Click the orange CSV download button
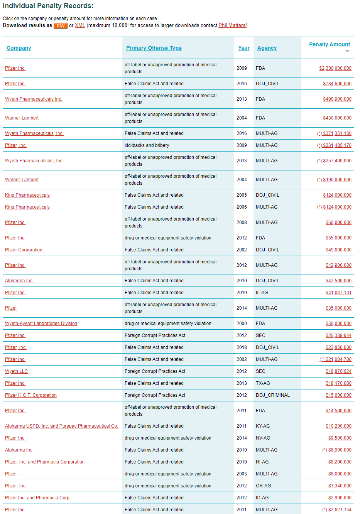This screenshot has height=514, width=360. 61,26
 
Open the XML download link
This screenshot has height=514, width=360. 80,25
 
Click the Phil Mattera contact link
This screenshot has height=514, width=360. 232,25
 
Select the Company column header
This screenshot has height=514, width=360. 19,48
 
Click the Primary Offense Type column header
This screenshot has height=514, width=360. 154,48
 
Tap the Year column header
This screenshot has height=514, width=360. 244,48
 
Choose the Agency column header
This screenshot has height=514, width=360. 267,48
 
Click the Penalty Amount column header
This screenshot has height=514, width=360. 330,44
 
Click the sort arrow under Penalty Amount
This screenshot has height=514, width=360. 347,51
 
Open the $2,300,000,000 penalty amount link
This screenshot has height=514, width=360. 335,68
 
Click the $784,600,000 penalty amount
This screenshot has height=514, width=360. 337,84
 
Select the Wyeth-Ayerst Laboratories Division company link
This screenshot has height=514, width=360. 41,324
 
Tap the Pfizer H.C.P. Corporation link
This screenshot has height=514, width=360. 31,395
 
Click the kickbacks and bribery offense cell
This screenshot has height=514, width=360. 147,145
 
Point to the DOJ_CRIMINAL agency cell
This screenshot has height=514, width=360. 272,395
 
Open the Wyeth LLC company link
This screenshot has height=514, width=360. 16,371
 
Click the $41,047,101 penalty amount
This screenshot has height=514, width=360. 338,293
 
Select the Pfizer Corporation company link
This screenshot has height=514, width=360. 24,250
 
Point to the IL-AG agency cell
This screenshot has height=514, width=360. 262,293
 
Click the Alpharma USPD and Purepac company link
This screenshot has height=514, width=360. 61,426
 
